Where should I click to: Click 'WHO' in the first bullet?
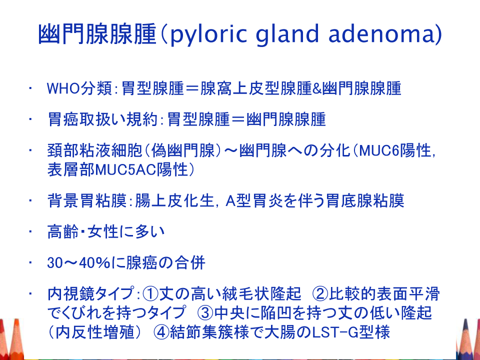tap(63, 88)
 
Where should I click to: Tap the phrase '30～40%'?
tap(79, 263)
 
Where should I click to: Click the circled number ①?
tap(150, 294)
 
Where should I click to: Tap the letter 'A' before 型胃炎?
tap(230, 201)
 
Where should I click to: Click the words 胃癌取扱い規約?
tap(102, 119)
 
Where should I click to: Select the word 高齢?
tap(63, 231)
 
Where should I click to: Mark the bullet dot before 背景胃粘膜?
tap(30, 201)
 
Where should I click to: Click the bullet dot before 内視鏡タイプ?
tap(30, 294)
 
